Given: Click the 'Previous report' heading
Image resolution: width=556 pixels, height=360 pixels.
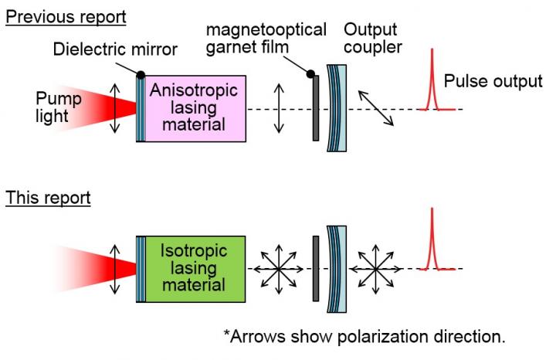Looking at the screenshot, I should pyautogui.click(x=65, y=15).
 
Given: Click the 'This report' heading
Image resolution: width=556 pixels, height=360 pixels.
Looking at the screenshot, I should pyautogui.click(x=47, y=198).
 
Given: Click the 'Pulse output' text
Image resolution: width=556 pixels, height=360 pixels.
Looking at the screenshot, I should pyautogui.click(x=493, y=81).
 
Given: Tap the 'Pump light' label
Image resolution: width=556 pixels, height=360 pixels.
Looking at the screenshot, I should pyautogui.click(x=58, y=107).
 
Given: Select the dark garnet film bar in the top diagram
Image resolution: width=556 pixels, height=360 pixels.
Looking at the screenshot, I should pyautogui.click(x=316, y=109).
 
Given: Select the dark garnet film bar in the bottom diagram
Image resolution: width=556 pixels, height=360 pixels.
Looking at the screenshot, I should pyautogui.click(x=316, y=268).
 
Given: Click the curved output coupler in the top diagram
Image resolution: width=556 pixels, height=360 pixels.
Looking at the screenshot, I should pyautogui.click(x=335, y=109).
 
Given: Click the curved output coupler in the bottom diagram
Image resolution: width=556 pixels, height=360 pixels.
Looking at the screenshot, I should pyautogui.click(x=335, y=268).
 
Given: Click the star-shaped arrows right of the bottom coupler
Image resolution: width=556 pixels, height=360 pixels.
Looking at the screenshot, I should pyautogui.click(x=374, y=269).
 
